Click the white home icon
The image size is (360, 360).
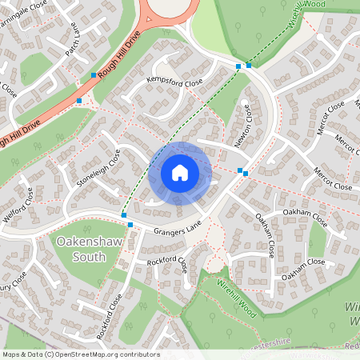tap(179, 172)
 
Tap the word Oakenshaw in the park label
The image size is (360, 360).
tap(87, 240)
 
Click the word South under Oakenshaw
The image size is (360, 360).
tap(87, 256)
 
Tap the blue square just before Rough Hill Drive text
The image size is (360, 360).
tap(94, 75)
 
